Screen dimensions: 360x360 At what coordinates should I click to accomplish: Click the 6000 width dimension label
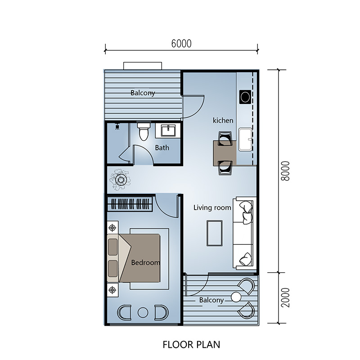coord(181,44)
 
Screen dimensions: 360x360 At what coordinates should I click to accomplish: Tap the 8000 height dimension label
coord(285,171)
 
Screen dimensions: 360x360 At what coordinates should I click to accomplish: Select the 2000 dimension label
coord(285,297)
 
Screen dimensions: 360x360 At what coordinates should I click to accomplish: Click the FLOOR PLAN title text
coord(191,345)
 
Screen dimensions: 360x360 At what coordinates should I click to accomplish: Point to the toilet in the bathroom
coord(144,131)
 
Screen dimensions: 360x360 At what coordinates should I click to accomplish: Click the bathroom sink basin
coord(168,130)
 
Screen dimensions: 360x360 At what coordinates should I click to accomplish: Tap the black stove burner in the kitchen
coord(245,97)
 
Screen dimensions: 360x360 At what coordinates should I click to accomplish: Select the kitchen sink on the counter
coord(245,139)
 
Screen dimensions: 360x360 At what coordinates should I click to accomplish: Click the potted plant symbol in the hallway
coord(120,180)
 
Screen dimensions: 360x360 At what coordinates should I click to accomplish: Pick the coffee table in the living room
coord(215,233)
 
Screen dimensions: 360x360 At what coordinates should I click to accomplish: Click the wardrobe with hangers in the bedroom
coord(130,204)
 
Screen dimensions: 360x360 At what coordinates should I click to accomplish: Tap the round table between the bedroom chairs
coord(143,312)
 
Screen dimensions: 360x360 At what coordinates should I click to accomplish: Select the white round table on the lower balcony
coord(236,297)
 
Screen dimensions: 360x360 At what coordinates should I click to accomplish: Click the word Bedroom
coord(145,262)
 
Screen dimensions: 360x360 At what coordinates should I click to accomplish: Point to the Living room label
coord(212,207)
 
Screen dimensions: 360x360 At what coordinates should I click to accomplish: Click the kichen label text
coord(223,120)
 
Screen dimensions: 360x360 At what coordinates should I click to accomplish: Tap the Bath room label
coord(162,148)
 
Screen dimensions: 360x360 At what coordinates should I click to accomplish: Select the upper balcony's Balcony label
coord(143,93)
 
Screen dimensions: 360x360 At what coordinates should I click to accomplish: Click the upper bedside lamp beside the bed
coord(112,228)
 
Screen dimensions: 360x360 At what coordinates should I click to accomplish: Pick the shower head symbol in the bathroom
coord(117,126)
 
